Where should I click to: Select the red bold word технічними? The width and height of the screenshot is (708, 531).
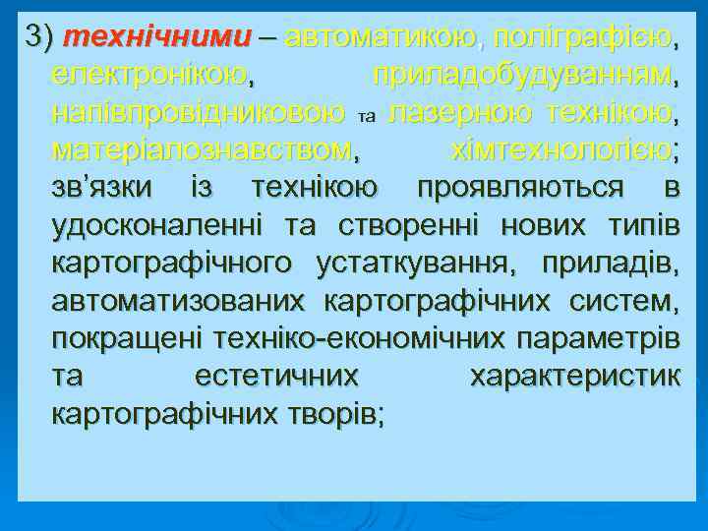tap(154, 38)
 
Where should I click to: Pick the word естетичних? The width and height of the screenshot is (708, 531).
tap(276, 376)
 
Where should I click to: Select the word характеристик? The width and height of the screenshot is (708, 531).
tap(574, 376)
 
